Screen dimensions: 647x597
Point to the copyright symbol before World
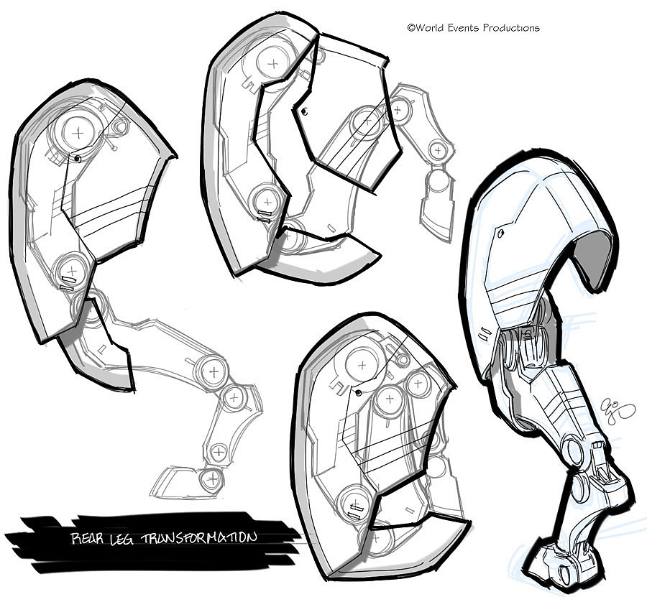pos(410,28)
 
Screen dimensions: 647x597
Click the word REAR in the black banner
pos(88,538)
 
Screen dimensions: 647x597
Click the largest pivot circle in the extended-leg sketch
pos(77,131)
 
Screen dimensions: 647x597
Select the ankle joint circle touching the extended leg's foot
pos(210,480)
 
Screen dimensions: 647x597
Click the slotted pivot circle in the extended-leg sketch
pos(71,270)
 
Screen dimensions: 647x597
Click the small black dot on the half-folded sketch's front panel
pos(304,111)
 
